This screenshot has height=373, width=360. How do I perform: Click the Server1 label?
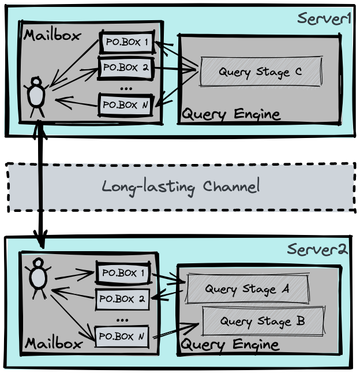(324, 18)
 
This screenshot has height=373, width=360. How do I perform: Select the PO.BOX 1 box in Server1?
(127, 42)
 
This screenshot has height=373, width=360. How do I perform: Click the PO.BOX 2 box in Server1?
(127, 67)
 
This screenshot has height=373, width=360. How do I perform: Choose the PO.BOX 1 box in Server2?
(123, 274)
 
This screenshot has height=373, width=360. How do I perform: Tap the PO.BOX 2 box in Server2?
(122, 299)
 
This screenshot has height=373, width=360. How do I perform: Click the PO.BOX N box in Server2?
(122, 336)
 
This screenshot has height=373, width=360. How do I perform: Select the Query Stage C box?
(260, 72)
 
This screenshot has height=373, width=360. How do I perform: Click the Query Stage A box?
(247, 289)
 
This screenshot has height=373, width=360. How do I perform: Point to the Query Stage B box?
(262, 321)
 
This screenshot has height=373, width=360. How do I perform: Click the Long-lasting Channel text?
(181, 187)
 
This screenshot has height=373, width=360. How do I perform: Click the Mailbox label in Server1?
(52, 35)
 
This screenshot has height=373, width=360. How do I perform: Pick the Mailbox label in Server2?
(52, 344)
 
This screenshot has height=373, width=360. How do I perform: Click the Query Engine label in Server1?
(231, 114)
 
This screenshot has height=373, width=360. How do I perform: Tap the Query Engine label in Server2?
(230, 345)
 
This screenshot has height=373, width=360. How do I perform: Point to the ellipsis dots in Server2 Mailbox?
(122, 318)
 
